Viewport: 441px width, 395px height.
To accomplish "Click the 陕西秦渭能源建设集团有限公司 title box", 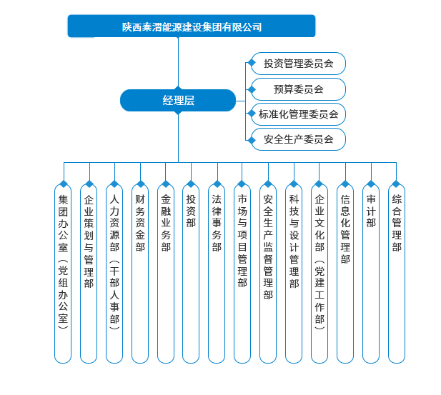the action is click(x=192, y=26).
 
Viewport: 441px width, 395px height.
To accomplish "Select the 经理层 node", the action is click(x=178, y=101).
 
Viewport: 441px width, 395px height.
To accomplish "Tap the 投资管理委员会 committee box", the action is click(x=298, y=64).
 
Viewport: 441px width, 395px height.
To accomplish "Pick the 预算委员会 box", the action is click(x=298, y=89).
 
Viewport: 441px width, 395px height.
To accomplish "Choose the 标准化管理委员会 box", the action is click(x=298, y=114).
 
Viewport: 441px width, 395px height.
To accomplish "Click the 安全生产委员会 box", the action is click(x=298, y=139).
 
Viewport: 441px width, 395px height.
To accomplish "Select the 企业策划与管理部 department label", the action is click(x=89, y=241).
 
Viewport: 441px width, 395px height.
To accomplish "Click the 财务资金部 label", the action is click(x=140, y=223).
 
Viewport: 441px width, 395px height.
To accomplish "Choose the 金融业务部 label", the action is click(x=166, y=223).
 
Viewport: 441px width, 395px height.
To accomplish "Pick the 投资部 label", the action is click(x=191, y=211).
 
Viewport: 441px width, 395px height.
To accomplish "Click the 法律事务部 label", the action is click(x=217, y=223).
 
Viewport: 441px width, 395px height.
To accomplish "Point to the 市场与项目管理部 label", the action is click(x=242, y=241).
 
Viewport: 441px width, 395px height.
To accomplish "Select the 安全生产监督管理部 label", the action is click(x=268, y=247).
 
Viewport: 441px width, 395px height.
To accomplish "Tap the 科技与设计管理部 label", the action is click(x=294, y=241).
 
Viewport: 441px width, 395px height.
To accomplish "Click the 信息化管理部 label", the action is click(x=345, y=229).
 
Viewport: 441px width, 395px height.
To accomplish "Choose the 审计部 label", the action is click(x=371, y=211).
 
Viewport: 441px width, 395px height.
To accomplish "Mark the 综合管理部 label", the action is click(x=397, y=223).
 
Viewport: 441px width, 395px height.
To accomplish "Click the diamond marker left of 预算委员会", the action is click(x=252, y=90).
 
